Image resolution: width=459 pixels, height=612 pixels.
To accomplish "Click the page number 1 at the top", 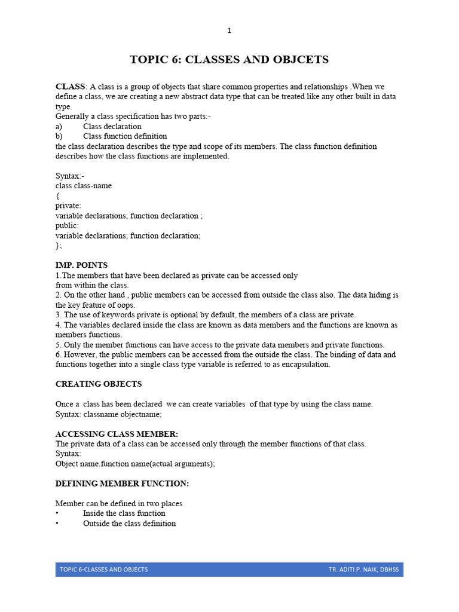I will click(x=229, y=30).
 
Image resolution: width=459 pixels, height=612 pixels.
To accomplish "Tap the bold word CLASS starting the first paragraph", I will click(x=71, y=87).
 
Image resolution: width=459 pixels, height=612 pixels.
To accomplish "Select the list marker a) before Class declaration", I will click(x=59, y=126).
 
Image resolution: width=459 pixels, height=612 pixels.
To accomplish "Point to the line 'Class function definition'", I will click(x=125, y=136).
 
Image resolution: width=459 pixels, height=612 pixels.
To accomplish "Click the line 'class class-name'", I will click(x=84, y=186).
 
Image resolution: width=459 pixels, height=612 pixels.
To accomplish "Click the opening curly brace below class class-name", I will click(x=57, y=195).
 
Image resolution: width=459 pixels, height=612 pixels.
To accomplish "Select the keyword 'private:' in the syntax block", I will click(x=68, y=206).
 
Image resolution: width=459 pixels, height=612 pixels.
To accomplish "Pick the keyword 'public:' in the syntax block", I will click(x=67, y=225).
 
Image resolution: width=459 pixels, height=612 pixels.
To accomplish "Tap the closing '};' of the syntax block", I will click(x=59, y=245).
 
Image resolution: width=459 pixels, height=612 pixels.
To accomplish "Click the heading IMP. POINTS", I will click(x=81, y=265).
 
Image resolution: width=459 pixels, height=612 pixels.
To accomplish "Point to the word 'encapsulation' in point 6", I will click(x=304, y=364).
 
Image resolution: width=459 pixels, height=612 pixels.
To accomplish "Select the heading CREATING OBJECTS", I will click(x=99, y=384).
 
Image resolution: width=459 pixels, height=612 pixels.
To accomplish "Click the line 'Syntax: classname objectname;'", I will click(x=109, y=414).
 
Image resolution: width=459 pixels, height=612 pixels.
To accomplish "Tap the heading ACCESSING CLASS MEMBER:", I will click(x=117, y=434).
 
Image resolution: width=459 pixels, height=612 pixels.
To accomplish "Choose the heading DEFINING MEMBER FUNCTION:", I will click(x=122, y=483).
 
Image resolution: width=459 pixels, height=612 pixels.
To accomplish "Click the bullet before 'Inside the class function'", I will click(x=57, y=513).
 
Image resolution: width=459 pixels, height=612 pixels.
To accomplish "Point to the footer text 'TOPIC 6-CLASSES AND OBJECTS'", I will click(x=103, y=570).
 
